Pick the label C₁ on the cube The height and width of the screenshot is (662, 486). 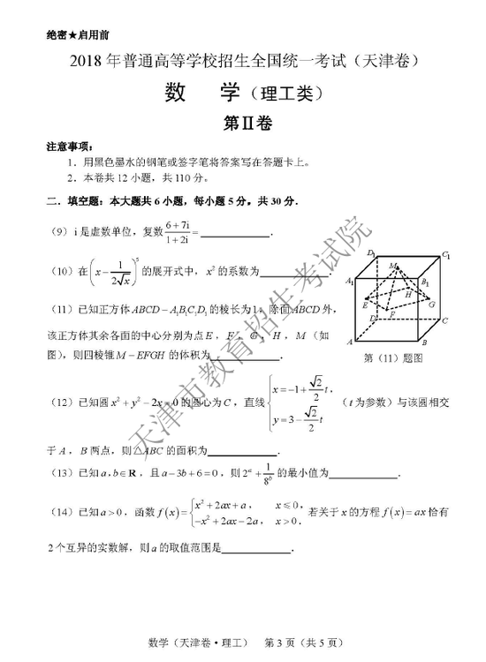tap(448, 256)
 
